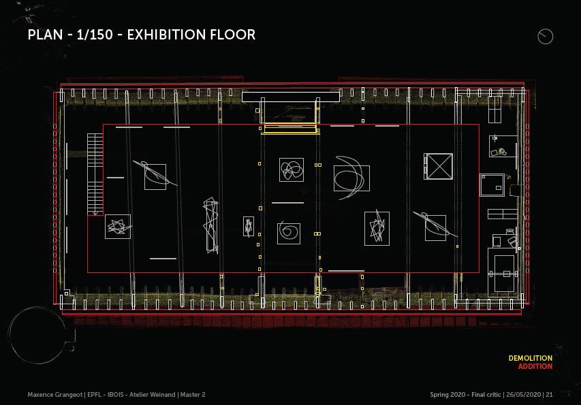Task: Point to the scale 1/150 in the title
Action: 95,35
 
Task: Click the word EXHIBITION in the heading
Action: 167,35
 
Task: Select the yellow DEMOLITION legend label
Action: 530,358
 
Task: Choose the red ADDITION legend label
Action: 535,366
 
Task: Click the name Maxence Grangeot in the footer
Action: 55,395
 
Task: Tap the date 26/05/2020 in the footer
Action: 524,395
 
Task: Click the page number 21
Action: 549,395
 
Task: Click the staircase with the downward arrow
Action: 95,174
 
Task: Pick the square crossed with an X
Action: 438,167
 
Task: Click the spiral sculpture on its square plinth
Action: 289,232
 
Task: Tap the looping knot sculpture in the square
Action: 292,170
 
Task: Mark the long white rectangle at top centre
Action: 291,97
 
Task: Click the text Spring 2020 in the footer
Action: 447,395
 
